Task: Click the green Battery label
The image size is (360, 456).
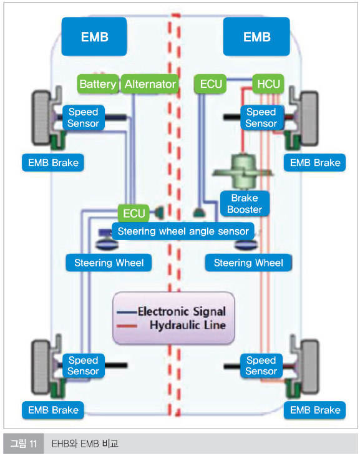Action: [98, 84]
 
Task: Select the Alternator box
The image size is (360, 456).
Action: [150, 84]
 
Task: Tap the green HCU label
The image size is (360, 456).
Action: [268, 84]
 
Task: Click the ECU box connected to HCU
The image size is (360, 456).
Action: [210, 84]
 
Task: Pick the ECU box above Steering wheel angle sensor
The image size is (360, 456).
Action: [134, 213]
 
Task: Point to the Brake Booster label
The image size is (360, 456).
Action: [245, 203]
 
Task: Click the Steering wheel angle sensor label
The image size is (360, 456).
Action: [183, 231]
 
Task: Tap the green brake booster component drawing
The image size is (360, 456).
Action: [243, 172]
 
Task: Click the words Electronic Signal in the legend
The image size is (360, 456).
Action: [182, 311]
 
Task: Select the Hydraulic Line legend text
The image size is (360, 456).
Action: [188, 325]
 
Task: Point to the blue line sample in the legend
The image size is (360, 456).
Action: [127, 313]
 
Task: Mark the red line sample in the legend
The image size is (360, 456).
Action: [127, 326]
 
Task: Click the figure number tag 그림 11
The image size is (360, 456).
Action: [24, 444]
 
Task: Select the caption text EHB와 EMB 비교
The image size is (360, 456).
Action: [85, 444]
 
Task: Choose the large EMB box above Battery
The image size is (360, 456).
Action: [94, 37]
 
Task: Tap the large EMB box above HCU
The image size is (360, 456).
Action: [256, 37]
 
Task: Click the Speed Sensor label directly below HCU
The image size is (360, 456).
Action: [261, 117]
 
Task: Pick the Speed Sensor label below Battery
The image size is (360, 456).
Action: [84, 117]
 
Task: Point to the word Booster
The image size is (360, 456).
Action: [245, 210]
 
